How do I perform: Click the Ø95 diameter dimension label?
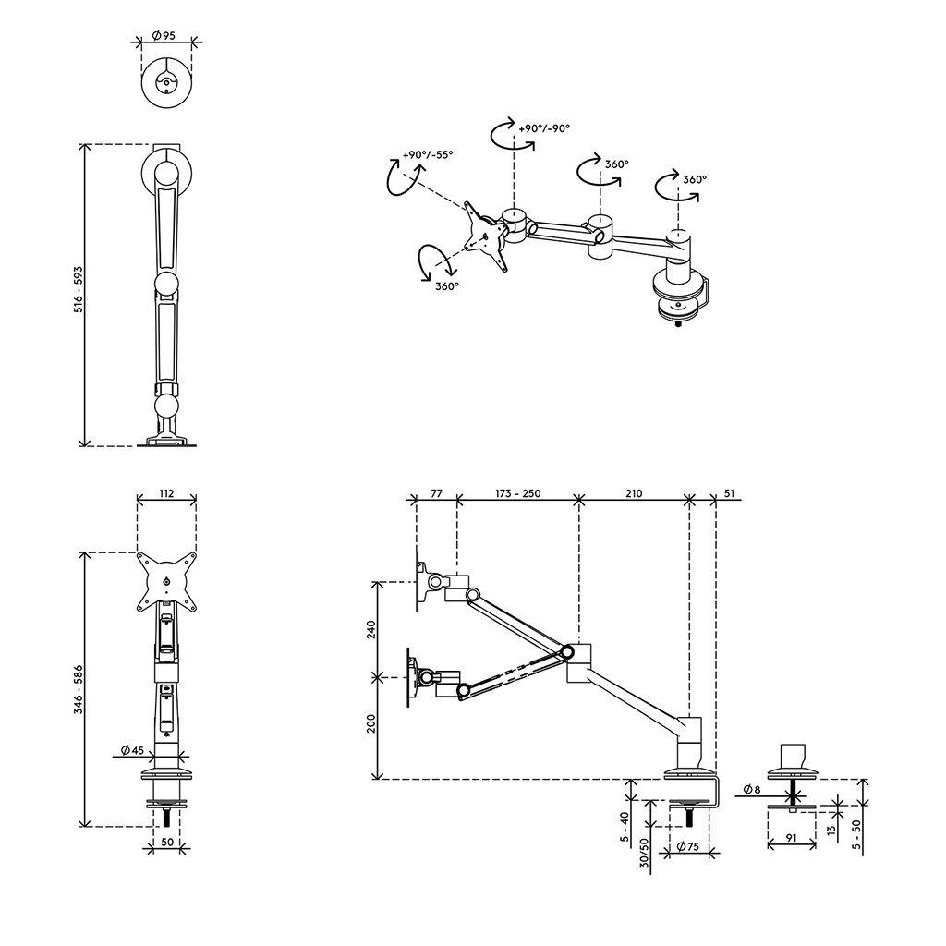tap(164, 36)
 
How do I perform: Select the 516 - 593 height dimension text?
tap(79, 289)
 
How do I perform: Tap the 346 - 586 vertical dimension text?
tap(79, 689)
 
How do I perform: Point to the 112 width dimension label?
tap(166, 493)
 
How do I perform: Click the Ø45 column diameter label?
tap(132, 750)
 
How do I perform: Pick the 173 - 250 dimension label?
tap(517, 493)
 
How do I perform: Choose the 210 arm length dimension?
tap(634, 493)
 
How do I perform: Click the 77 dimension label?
tap(436, 493)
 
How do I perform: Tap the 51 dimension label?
tap(730, 493)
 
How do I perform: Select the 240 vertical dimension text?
tap(371, 629)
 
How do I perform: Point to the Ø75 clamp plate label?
tap(687, 846)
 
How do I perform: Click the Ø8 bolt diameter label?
tap(752, 789)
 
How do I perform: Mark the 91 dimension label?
tap(792, 837)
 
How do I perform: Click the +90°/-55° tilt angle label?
tap(428, 154)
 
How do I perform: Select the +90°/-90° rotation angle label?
tap(544, 127)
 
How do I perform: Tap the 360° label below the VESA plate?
tap(447, 286)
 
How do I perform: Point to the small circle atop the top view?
tap(166, 82)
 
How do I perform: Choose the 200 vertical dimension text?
tap(371, 722)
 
